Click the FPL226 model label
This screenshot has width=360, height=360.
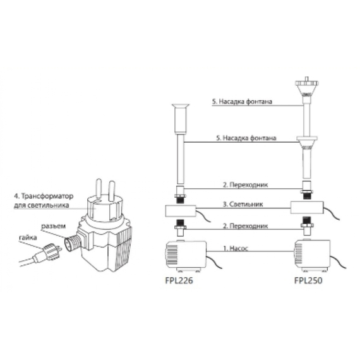point(179,280)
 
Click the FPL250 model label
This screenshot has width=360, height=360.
point(308,280)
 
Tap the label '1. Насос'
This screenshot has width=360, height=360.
point(236,248)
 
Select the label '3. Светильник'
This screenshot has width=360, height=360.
point(243,204)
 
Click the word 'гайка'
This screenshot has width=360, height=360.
point(28,237)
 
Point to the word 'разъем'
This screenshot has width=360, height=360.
point(53,226)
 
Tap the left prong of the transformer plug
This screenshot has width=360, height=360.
point(99,189)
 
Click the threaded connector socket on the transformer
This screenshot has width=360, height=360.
point(73,241)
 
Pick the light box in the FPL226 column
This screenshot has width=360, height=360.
point(181,211)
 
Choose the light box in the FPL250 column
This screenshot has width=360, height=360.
point(307,207)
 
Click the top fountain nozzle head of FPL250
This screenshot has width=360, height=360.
point(306,87)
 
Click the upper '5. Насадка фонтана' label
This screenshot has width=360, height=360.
point(243,102)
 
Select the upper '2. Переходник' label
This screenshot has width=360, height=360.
point(245,184)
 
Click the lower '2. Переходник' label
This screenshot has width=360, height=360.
point(245,226)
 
